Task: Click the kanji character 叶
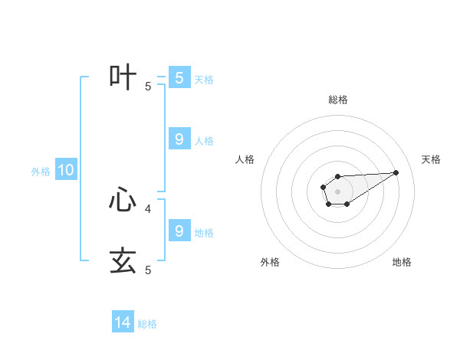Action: pyautogui.click(x=123, y=78)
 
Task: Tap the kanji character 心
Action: pyautogui.click(x=123, y=200)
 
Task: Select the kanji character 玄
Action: pyautogui.click(x=123, y=260)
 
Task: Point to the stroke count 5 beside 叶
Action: pyautogui.click(x=148, y=87)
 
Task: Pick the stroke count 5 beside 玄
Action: pyautogui.click(x=148, y=270)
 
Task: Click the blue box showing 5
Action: pyautogui.click(x=179, y=78)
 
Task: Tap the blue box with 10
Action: pyautogui.click(x=66, y=171)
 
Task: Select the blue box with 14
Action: pyautogui.click(x=123, y=322)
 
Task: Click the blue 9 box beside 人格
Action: pyautogui.click(x=179, y=139)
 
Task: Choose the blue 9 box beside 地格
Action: pyautogui.click(x=179, y=231)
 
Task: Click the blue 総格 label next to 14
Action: pyautogui.click(x=147, y=324)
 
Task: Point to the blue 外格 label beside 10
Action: pyautogui.click(x=41, y=172)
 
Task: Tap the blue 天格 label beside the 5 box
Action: pyautogui.click(x=204, y=79)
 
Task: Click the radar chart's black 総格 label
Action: pyautogui.click(x=338, y=100)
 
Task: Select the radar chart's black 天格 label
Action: pyautogui.click(x=431, y=159)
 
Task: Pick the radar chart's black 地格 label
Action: pyautogui.click(x=402, y=262)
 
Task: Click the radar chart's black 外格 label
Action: pyautogui.click(x=270, y=262)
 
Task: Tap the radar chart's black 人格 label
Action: pyautogui.click(x=245, y=159)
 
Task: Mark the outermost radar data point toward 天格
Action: pyautogui.click(x=396, y=172)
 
